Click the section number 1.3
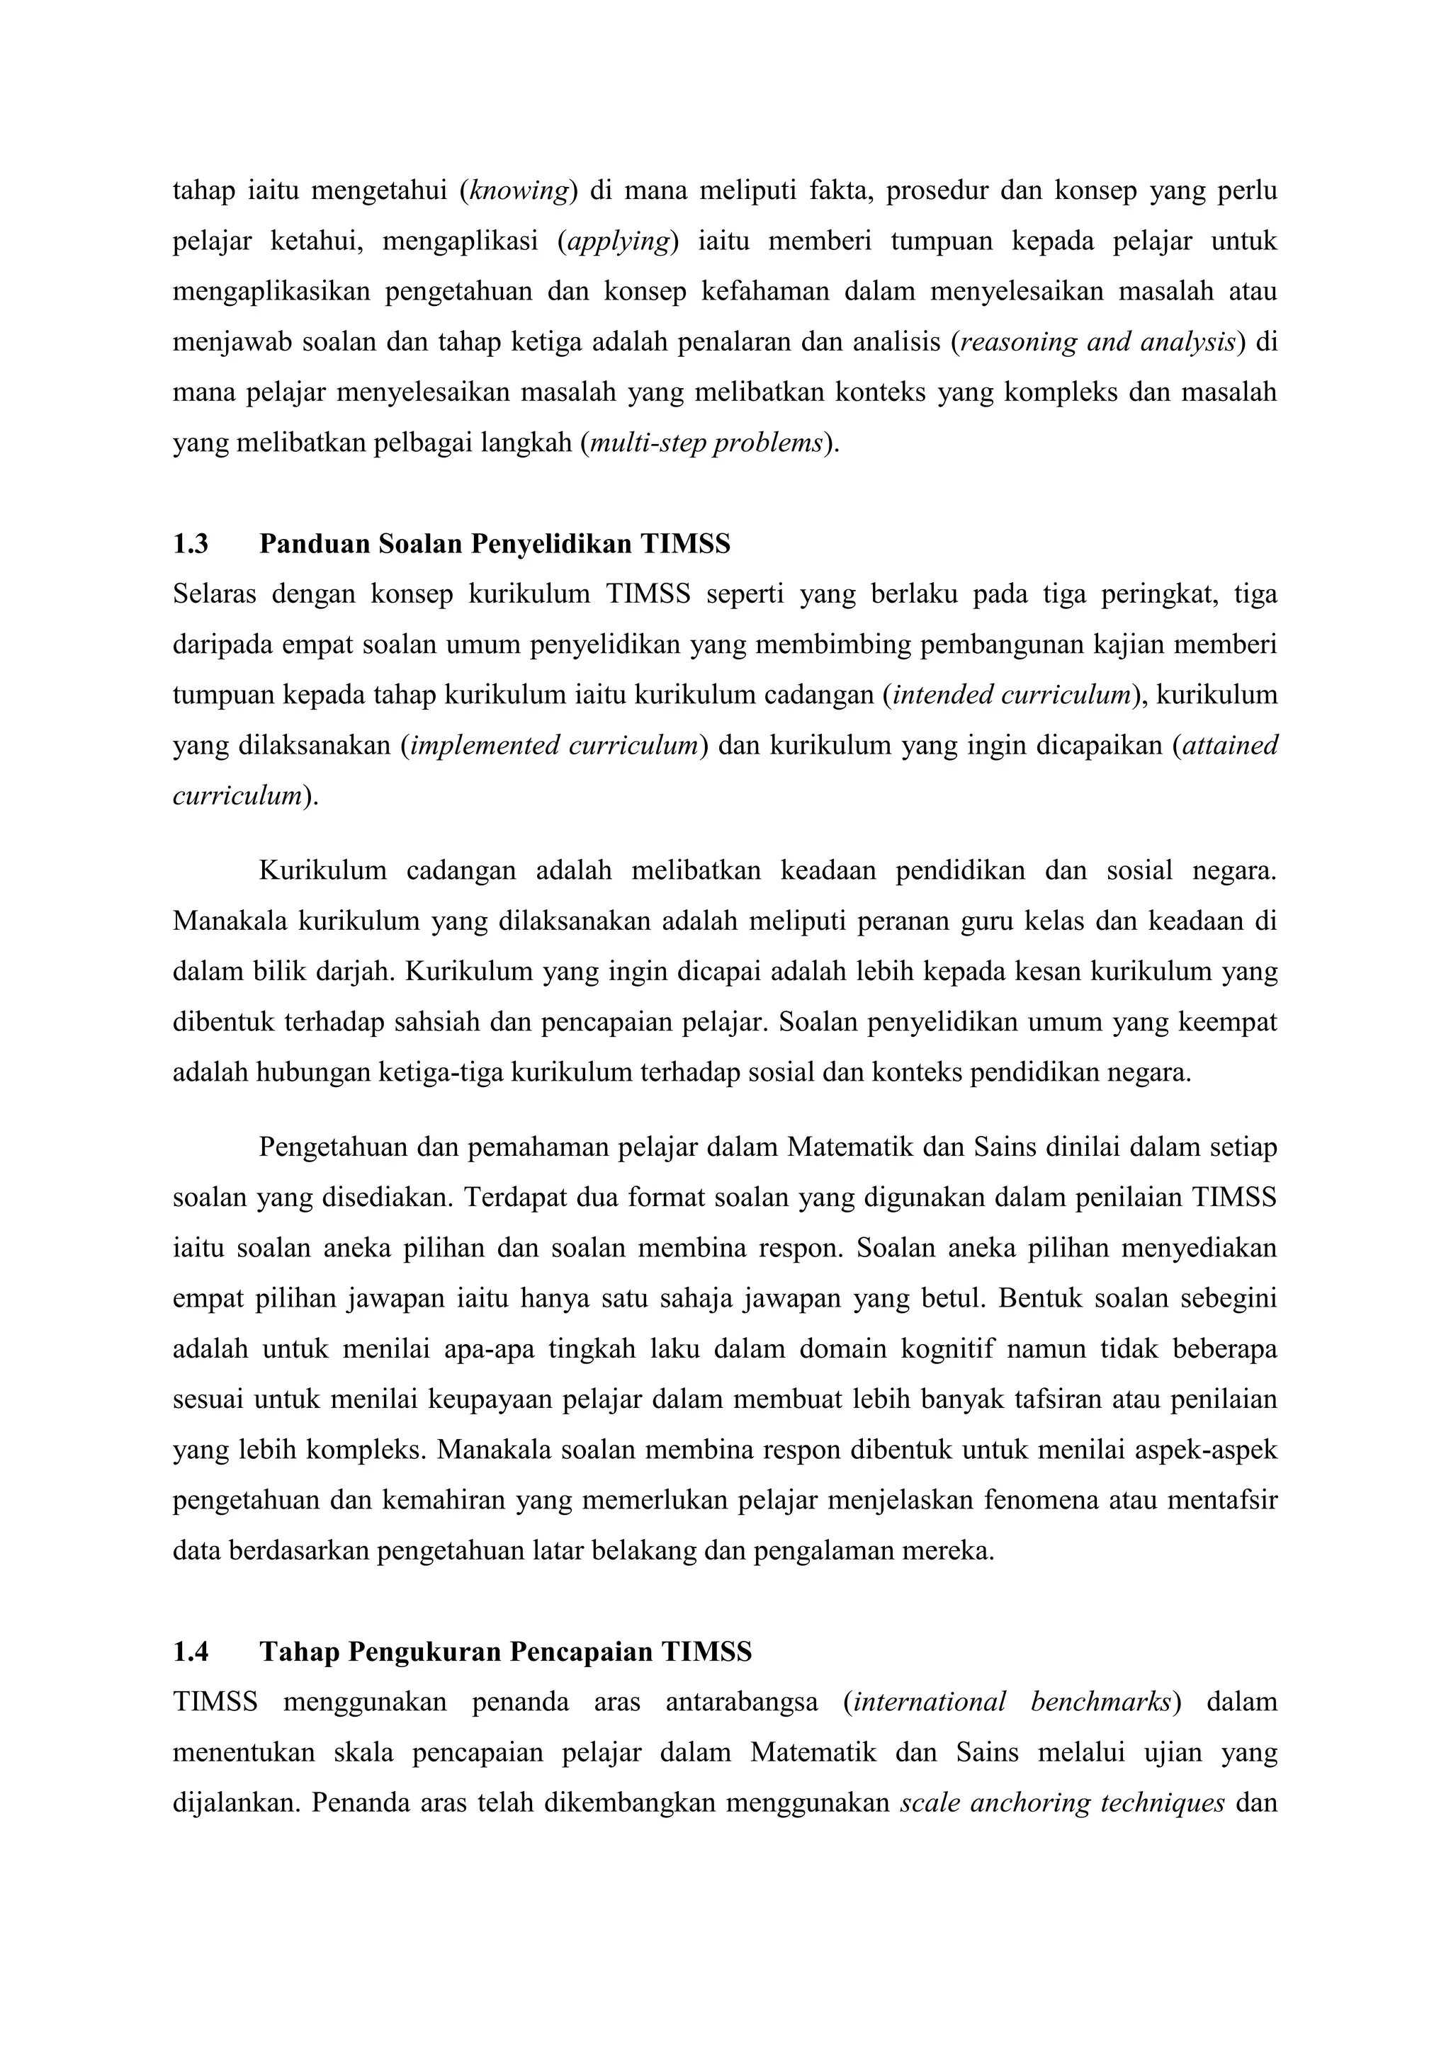191,544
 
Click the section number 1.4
191,1652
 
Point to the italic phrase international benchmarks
1012,1702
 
